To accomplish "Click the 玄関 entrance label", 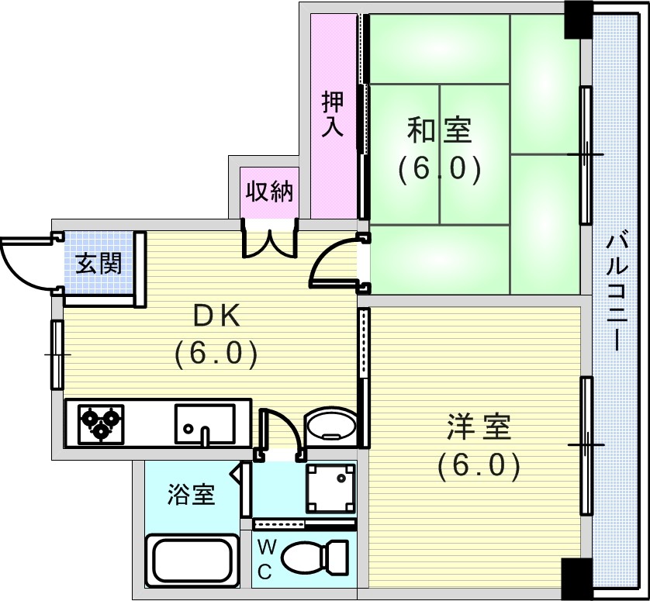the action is pos(99,263).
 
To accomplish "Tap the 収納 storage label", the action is pos(269,192).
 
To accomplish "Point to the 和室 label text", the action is pos(440,130).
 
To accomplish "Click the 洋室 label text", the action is pos(479,427).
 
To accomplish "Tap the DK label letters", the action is pos(217,318).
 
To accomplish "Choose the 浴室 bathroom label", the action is pos(191,494).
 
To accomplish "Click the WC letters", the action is pos(266,561).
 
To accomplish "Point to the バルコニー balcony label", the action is pos(615,292).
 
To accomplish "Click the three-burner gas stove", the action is pos(101,423).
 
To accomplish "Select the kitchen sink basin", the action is pos(205,423).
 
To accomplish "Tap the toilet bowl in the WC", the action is pos(315,556).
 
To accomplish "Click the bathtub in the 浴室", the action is pos(192,561).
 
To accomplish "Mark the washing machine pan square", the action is pos(330,489).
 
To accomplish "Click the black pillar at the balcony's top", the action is pos(578,19).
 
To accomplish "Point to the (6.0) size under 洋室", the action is pos(479,466).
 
